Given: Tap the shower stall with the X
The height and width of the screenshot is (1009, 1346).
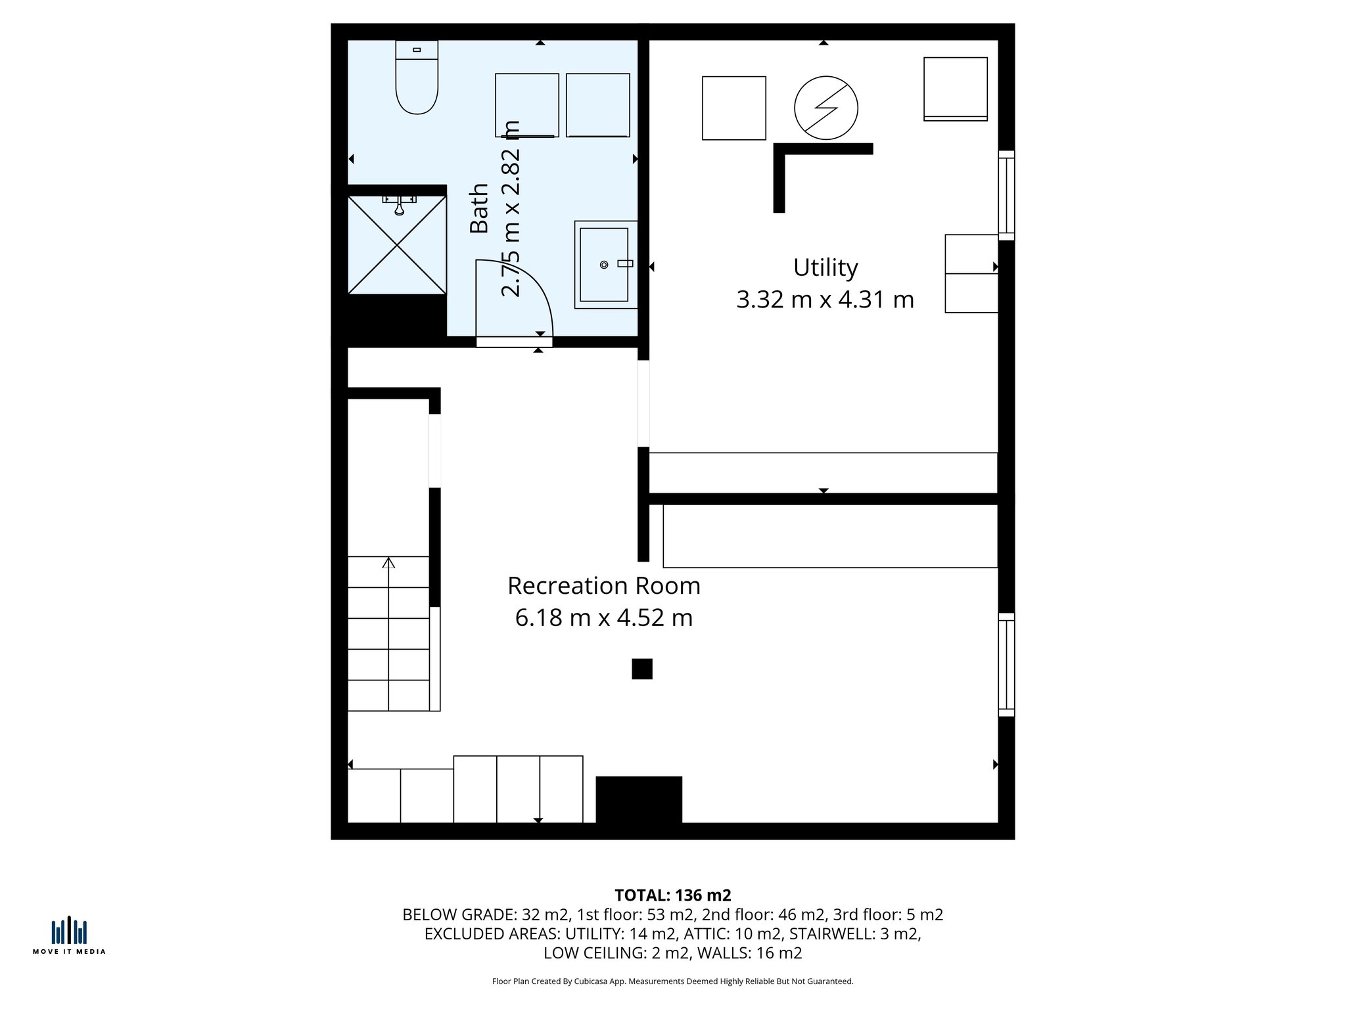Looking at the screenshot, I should click(x=397, y=245).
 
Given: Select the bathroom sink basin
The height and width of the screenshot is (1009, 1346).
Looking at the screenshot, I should click(x=605, y=265).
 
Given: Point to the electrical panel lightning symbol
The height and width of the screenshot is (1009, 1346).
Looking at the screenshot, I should click(x=826, y=108).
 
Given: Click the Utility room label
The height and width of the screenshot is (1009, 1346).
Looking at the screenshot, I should click(x=825, y=268).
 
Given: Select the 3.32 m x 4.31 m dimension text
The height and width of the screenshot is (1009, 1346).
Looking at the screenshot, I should click(x=825, y=300).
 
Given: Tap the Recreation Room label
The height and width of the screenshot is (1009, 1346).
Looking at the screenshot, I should click(x=604, y=586).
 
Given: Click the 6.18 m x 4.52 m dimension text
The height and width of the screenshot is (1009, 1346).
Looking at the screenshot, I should click(x=604, y=618).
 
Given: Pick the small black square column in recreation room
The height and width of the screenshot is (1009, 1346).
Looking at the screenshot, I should click(x=642, y=669).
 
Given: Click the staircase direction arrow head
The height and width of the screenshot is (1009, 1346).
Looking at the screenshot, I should click(x=388, y=563).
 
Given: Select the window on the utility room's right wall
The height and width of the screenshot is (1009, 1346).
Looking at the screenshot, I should click(x=1006, y=195).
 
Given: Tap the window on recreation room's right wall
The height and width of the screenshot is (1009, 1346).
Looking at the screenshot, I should click(x=1006, y=664).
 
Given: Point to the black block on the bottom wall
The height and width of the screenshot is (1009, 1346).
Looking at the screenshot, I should click(x=639, y=799).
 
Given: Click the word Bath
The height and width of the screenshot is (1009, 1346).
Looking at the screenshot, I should click(x=480, y=208).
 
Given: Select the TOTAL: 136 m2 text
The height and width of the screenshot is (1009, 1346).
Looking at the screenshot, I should click(x=672, y=895).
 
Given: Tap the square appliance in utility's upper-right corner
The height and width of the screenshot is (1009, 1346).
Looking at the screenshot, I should click(x=956, y=89).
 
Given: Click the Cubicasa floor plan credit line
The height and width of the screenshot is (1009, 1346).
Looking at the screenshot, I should click(x=672, y=981).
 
